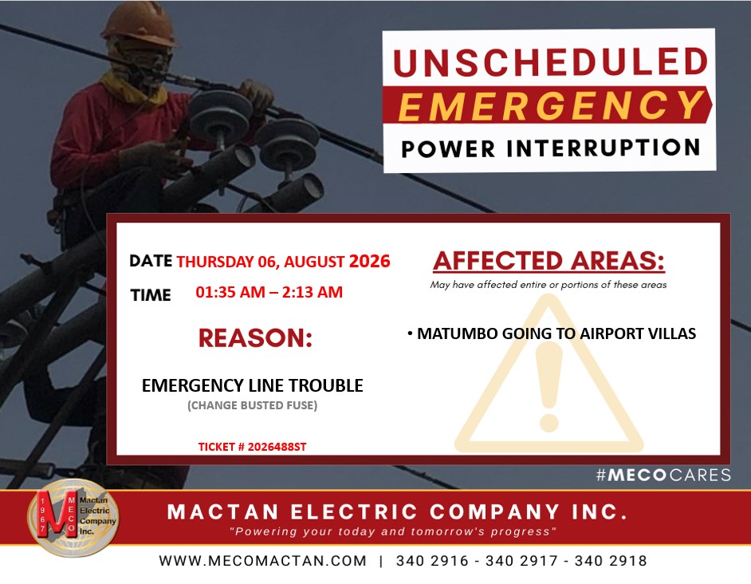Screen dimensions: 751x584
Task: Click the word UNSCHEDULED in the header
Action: tap(550, 61)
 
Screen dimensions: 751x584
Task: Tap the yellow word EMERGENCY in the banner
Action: tap(550, 105)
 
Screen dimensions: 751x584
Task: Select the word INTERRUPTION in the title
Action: tap(604, 148)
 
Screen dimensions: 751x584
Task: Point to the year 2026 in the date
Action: tap(369, 261)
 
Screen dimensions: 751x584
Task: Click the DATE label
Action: tap(151, 261)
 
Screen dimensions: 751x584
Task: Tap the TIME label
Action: tap(151, 295)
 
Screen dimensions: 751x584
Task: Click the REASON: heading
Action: tap(255, 338)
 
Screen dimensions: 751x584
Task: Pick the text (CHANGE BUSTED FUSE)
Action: tap(253, 405)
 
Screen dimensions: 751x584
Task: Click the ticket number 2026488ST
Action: tap(277, 447)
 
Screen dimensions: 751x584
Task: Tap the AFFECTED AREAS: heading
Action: tap(549, 261)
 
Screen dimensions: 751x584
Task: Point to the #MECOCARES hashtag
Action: tap(663, 475)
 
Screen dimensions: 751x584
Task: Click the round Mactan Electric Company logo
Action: tap(73, 518)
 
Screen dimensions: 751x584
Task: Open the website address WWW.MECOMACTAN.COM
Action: tap(263, 561)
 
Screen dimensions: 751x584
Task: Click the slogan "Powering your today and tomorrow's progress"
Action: tap(393, 531)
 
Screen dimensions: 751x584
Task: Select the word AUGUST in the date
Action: tap(314, 262)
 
